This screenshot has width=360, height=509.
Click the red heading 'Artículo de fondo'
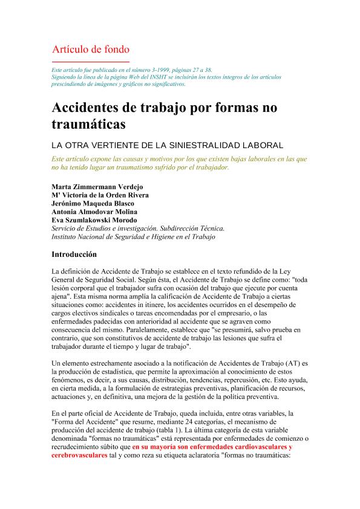[x=91, y=49]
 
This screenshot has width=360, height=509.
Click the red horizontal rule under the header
[x=91, y=62]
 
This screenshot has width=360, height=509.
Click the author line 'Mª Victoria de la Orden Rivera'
[x=100, y=195]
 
